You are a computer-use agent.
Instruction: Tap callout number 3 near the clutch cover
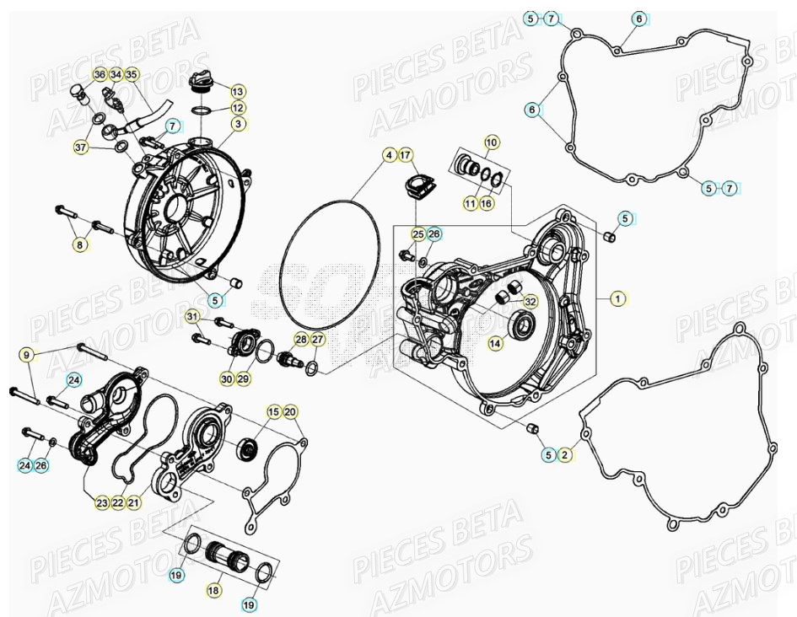pyautogui.click(x=239, y=124)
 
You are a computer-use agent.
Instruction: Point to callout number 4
pyautogui.click(x=389, y=155)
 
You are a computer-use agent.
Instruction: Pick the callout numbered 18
pyautogui.click(x=213, y=591)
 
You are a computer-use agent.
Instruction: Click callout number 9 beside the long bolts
pyautogui.click(x=26, y=354)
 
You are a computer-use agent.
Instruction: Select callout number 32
pyautogui.click(x=530, y=301)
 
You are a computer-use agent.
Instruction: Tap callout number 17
pyautogui.click(x=406, y=155)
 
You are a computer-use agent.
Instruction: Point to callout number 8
pyautogui.click(x=79, y=245)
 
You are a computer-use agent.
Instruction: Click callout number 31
pyautogui.click(x=192, y=317)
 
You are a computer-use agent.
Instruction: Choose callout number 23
pyautogui.click(x=101, y=503)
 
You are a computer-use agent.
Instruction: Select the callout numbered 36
pyautogui.click(x=100, y=75)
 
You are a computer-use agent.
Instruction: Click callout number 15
pyautogui.click(x=273, y=411)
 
